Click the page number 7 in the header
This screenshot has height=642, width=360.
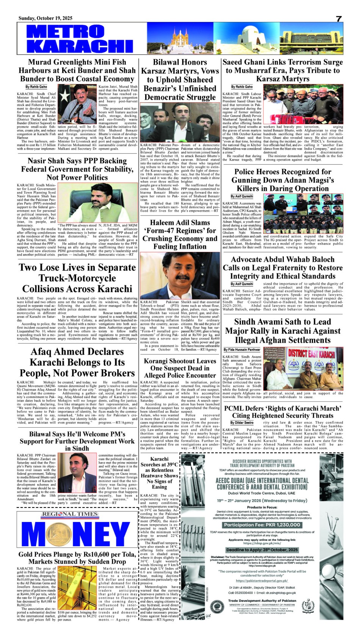coord(338,19)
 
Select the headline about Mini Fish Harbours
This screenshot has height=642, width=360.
coord(77,70)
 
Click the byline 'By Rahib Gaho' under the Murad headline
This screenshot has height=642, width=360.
coord(36,87)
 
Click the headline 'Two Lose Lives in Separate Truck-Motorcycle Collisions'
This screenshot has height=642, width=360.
coord(77,278)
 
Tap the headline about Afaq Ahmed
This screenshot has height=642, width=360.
coord(77,362)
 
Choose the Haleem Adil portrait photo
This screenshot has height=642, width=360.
coord(180,275)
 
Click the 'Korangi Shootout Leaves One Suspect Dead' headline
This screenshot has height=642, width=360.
coord(180,368)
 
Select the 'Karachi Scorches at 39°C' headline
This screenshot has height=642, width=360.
coord(159,473)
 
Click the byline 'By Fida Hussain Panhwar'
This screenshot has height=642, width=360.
coord(242,350)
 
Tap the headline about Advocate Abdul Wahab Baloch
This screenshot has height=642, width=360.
coord(283,268)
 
